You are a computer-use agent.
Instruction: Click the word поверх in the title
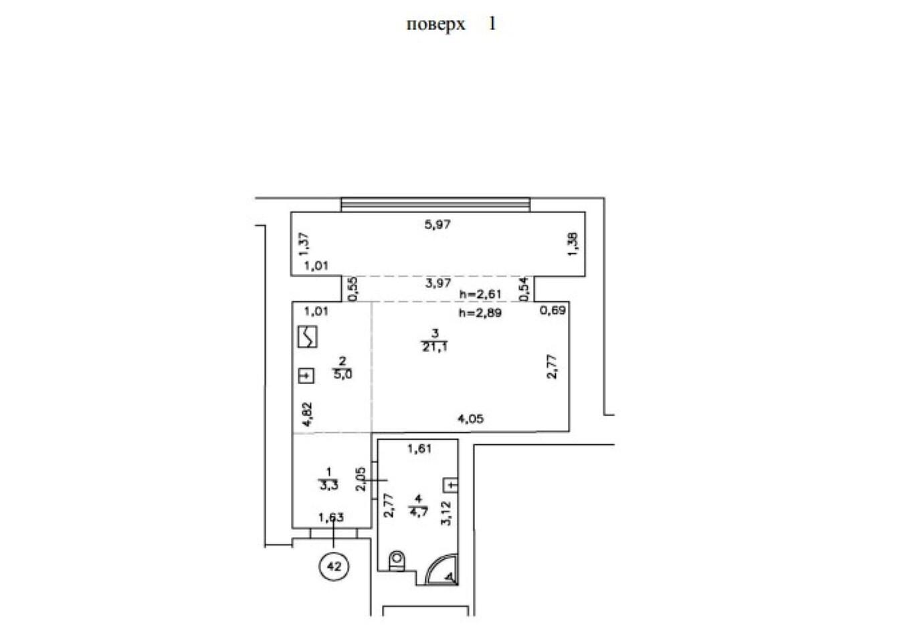435,25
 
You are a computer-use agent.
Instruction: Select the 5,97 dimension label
437,224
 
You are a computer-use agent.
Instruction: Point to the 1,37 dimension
304,244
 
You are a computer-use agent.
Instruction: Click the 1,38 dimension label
573,244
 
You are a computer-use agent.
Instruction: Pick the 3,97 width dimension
438,283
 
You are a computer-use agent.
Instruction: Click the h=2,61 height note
480,294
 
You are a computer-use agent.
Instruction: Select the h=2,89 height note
480,313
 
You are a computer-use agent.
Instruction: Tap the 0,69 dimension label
553,311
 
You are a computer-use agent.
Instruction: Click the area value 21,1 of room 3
435,347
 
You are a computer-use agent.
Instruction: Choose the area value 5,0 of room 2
342,374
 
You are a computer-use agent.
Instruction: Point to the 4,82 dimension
308,415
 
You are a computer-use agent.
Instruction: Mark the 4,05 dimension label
470,419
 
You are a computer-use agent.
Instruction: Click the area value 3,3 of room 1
329,486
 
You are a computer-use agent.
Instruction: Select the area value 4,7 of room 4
419,512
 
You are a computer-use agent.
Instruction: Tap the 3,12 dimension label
446,513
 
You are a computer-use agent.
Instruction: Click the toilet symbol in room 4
397,561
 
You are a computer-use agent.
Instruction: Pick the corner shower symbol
443,569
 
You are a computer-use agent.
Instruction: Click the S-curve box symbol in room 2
307,337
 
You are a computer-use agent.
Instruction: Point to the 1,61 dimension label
419,448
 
